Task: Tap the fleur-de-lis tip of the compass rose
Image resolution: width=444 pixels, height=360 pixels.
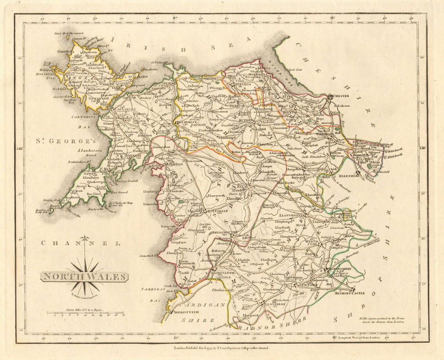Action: tap(84, 240)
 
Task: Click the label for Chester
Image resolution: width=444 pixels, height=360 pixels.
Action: tap(340, 95)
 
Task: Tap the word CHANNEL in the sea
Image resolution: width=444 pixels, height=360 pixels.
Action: tap(80, 243)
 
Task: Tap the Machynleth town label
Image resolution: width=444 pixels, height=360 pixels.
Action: tap(214, 273)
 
